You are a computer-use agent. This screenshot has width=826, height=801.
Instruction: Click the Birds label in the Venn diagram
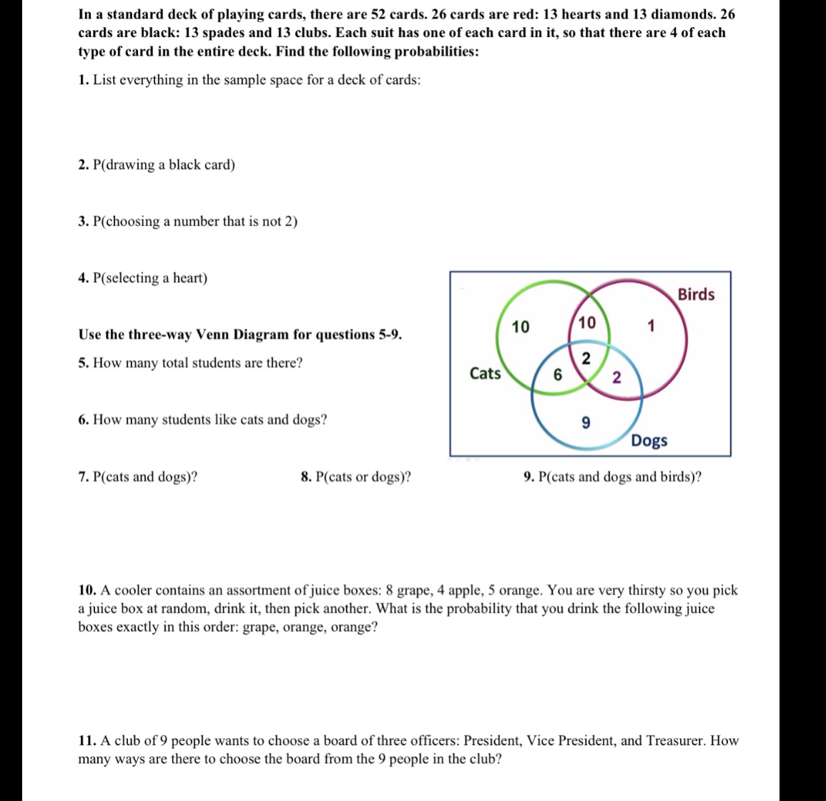[695, 295]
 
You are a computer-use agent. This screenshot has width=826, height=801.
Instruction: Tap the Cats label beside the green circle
[485, 373]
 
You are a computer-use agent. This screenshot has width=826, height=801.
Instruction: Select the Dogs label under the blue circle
[649, 441]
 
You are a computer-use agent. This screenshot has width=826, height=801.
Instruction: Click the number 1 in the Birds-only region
[650, 327]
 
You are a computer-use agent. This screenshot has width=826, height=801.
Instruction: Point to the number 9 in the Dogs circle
[586, 423]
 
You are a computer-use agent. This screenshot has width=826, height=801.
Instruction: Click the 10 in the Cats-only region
[521, 328]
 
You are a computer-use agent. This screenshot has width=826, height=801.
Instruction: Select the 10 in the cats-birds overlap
[586, 323]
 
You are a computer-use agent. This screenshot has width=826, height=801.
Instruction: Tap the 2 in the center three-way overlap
[586, 359]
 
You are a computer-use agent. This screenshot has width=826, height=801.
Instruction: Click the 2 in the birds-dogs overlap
[616, 377]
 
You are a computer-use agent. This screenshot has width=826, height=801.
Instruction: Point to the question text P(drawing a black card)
[164, 165]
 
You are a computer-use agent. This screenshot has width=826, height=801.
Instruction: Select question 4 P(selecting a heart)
[143, 278]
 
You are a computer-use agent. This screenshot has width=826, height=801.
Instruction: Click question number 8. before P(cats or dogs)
[306, 477]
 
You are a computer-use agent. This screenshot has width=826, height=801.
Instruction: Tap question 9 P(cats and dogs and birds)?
[612, 477]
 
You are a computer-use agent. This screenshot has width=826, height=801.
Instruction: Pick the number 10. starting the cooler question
[87, 591]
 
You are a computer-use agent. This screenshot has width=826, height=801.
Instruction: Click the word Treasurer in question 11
[677, 741]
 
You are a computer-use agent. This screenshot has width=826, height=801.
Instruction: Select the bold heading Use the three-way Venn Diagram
[240, 335]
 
